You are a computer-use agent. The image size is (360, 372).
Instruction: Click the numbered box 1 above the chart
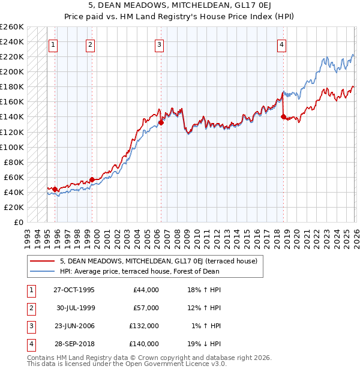[53, 44]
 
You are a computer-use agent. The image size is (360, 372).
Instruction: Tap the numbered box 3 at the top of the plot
[159, 44]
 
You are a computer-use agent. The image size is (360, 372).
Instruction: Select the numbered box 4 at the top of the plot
[281, 44]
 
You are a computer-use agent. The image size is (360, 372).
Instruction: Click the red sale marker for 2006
[161, 122]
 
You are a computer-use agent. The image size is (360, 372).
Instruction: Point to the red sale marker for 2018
[283, 116]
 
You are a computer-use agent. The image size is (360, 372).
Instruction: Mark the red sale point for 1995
[55, 189]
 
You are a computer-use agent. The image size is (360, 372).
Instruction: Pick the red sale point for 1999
[92, 179]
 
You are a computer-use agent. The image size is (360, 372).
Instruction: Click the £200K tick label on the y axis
[12, 71]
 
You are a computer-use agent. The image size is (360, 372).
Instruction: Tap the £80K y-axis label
[14, 162]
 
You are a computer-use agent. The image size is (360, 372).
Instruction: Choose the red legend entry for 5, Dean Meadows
[158, 261]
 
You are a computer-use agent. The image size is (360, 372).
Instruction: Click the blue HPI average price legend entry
[139, 271]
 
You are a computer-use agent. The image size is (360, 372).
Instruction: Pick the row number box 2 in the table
[30, 308]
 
